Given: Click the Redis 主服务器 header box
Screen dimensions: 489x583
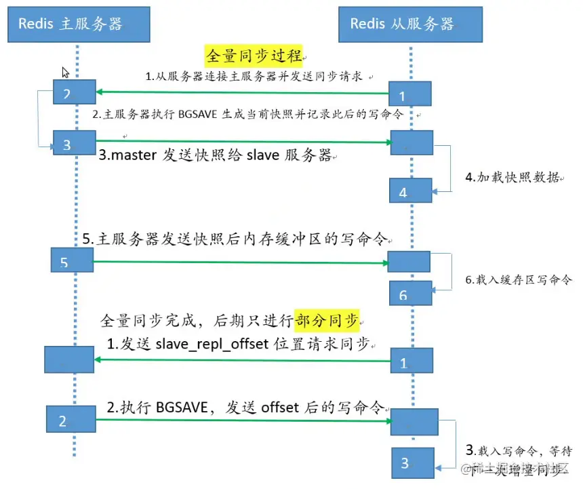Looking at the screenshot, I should pos(70,24).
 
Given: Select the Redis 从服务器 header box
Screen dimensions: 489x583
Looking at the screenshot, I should pos(409,24).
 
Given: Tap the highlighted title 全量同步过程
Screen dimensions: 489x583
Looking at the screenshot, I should pos(254,56).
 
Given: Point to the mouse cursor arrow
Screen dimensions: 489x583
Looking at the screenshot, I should pos(66,73).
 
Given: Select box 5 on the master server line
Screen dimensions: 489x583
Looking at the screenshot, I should pos(71,261).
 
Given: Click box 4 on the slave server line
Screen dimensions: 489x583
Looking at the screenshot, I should pos(410,191).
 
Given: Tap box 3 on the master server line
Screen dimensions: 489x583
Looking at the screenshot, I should pos(75,144).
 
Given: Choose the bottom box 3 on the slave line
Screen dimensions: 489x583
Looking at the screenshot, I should pos(412,463).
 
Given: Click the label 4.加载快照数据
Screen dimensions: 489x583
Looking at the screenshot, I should pos(512,178).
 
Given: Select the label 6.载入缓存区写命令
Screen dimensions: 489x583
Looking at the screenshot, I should pos(519,279).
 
